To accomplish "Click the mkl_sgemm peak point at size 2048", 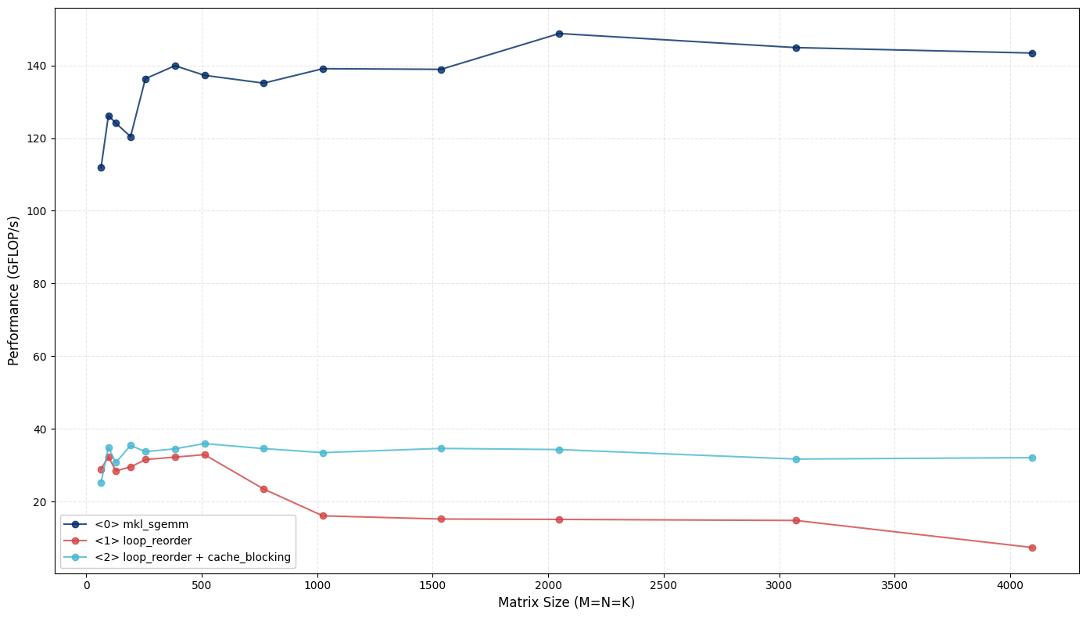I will pyautogui.click(x=559, y=34).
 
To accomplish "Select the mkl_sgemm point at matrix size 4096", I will pyautogui.click(x=1032, y=53).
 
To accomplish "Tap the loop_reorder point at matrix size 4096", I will pyautogui.click(x=1032, y=548).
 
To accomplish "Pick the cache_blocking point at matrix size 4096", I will pyautogui.click(x=1032, y=458).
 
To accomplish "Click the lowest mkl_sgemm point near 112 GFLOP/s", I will pyautogui.click(x=101, y=167).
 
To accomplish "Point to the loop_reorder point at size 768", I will pyautogui.click(x=263, y=489).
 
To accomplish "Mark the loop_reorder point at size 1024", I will pyautogui.click(x=323, y=516).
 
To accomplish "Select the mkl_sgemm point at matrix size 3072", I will pyautogui.click(x=796, y=48).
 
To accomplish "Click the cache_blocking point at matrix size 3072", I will pyautogui.click(x=796, y=459).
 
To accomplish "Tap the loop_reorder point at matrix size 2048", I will pyautogui.click(x=559, y=519).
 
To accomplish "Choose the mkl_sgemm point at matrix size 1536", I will pyautogui.click(x=441, y=70).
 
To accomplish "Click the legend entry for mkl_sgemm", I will pyautogui.click(x=141, y=524).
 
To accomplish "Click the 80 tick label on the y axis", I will pyautogui.click(x=41, y=284).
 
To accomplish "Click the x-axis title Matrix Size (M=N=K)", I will pyautogui.click(x=566, y=602).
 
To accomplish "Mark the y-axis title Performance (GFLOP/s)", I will pyautogui.click(x=14, y=290).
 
